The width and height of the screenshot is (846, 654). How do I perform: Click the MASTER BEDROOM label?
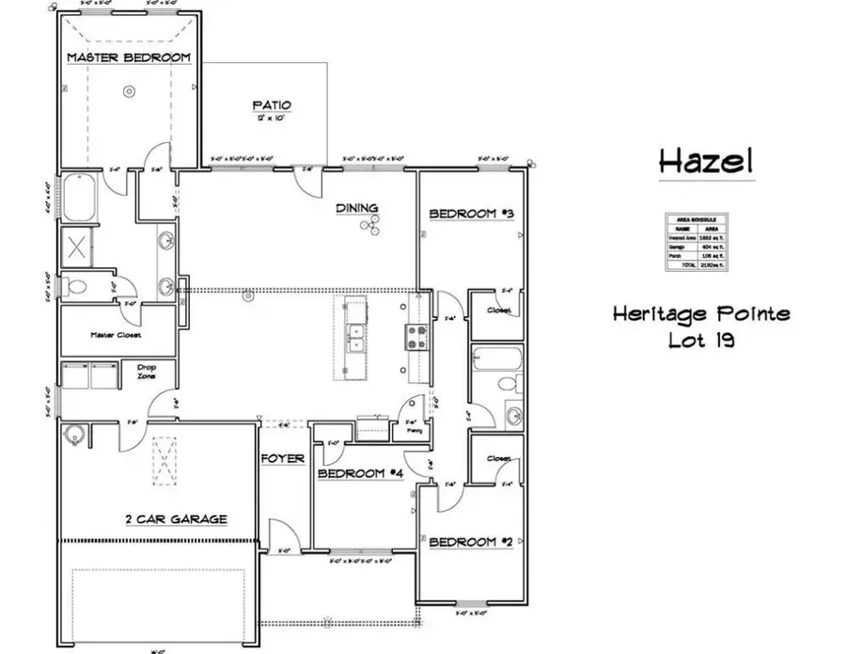[129, 58]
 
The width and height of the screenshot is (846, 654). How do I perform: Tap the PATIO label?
[272, 105]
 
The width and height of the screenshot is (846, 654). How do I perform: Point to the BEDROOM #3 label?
[473, 215]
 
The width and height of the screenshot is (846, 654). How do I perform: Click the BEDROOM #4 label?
[360, 473]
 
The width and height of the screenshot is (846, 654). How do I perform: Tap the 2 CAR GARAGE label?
[176, 518]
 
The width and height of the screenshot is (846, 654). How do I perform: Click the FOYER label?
[283, 459]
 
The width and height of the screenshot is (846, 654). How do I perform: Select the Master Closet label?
[117, 334]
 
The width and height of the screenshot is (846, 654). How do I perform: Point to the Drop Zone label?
[146, 372]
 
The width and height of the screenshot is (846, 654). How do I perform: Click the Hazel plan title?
[706, 160]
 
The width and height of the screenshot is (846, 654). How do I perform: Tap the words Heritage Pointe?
[701, 313]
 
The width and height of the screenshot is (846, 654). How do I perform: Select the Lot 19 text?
[701, 340]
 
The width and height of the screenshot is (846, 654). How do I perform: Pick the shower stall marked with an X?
[77, 247]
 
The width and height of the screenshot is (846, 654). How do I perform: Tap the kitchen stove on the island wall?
[415, 336]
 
